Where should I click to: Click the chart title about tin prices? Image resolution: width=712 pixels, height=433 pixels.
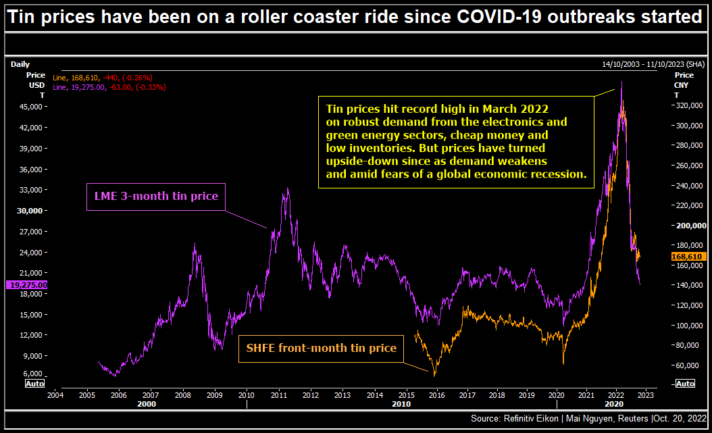pyautogui.click(x=355, y=17)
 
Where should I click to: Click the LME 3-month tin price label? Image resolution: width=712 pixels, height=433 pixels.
pyautogui.click(x=155, y=197)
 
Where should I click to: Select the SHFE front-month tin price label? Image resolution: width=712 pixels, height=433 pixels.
pyautogui.click(x=320, y=348)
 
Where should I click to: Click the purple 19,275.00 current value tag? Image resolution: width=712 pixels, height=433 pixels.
pyautogui.click(x=27, y=285)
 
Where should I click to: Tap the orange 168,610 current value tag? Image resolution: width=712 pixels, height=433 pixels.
pyautogui.click(x=688, y=257)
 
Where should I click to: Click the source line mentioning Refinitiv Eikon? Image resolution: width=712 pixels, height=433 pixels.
pyautogui.click(x=588, y=419)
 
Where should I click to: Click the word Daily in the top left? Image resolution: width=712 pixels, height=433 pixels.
pyautogui.click(x=20, y=64)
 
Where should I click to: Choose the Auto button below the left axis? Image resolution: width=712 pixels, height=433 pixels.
pyautogui.click(x=34, y=384)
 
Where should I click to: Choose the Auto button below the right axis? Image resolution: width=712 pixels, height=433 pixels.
pyautogui.click(x=684, y=384)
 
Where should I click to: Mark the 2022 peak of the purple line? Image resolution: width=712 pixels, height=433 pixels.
pyautogui.click(x=621, y=82)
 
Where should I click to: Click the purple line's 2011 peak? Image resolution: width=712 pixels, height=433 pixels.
pyautogui.click(x=288, y=188)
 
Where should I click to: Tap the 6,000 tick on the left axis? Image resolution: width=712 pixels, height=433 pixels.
pyautogui.click(x=32, y=374)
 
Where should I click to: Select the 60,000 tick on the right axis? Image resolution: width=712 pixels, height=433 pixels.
pyautogui.click(x=689, y=365)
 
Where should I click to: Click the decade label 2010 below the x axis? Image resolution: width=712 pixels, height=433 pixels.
pyautogui.click(x=401, y=404)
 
